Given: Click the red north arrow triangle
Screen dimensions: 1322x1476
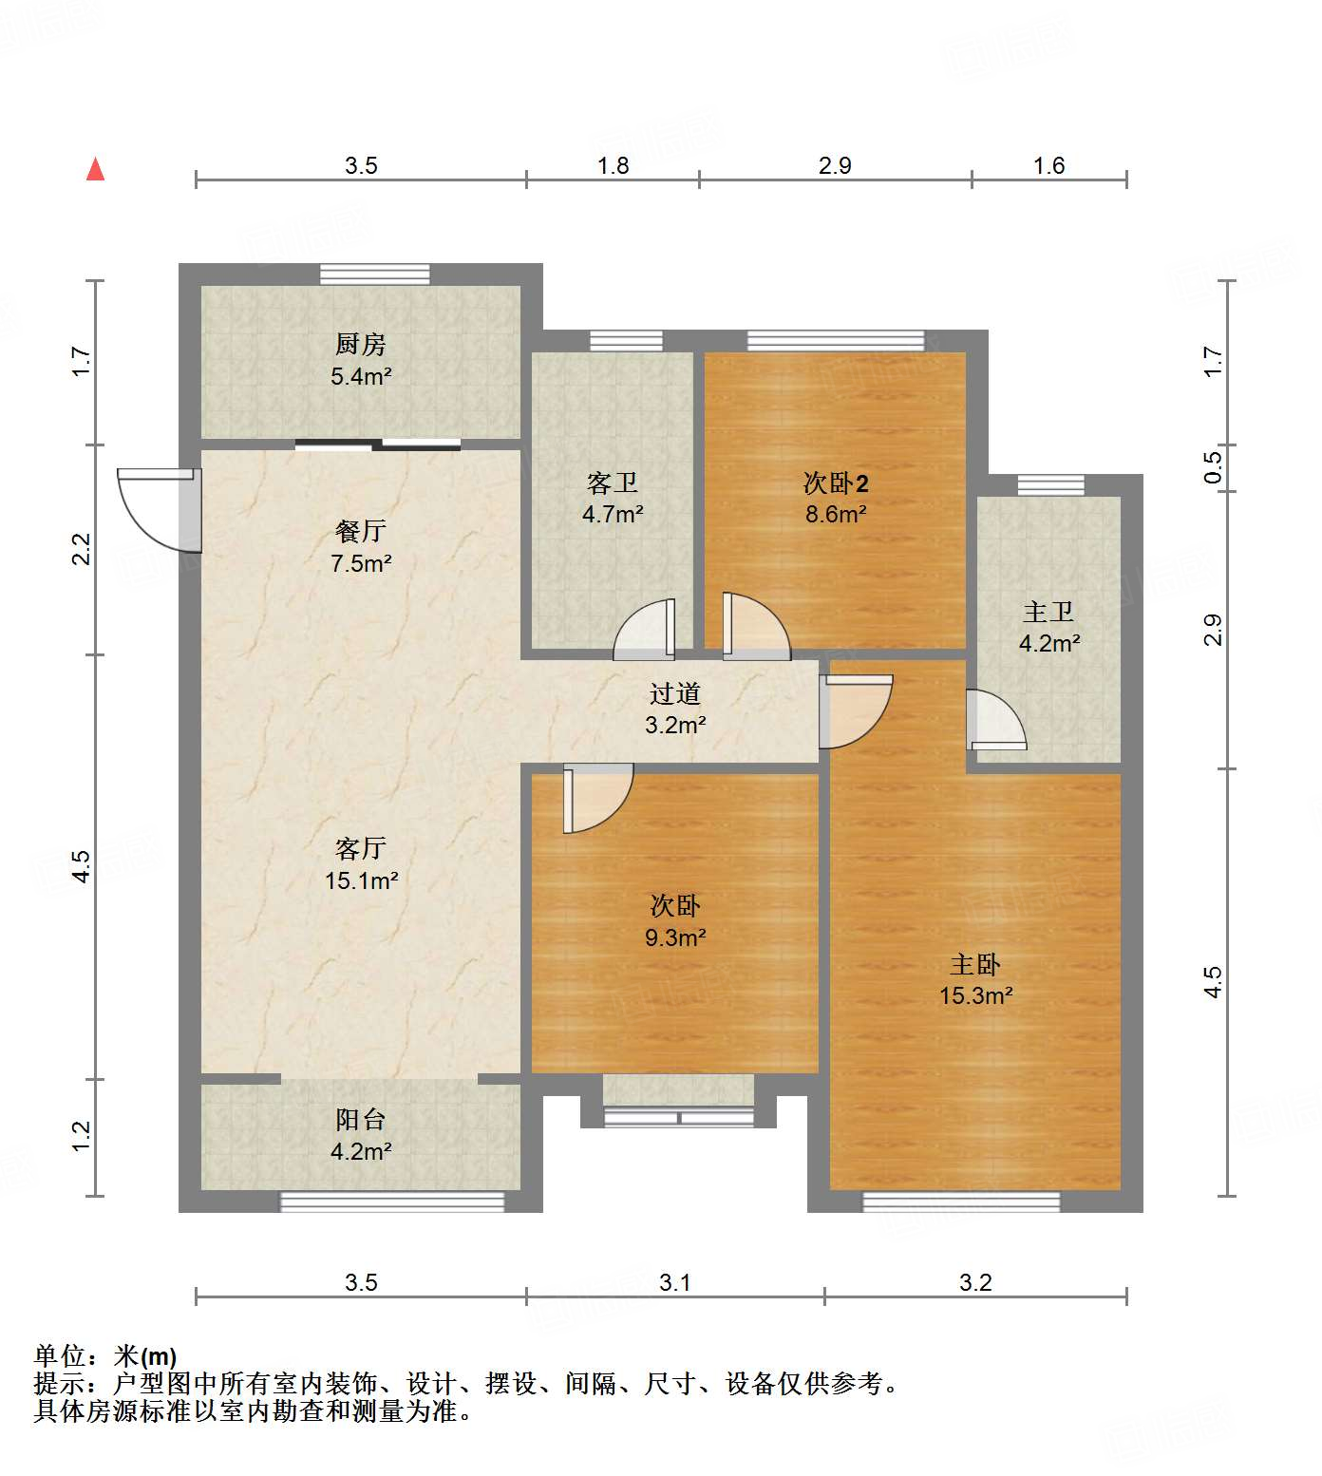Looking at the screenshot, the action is coord(95,169).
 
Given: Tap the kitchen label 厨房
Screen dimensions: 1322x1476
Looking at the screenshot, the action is coord(361,344).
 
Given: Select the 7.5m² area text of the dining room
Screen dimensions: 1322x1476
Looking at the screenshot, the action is coord(361,563).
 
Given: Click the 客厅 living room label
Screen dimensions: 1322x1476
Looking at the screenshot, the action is coord(361,847).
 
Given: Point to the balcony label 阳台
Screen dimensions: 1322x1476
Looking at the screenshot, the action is coord(361,1119).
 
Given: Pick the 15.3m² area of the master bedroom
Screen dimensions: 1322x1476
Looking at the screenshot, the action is coord(976,995).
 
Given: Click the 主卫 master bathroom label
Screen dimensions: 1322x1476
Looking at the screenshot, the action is coord(1049,612).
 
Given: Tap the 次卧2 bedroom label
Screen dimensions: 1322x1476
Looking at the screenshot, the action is coord(836,483).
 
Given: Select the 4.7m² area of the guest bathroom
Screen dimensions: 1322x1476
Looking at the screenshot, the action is coord(613,514).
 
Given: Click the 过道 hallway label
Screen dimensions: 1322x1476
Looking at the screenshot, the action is coord(675,694).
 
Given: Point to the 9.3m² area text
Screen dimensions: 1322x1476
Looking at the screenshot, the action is coord(675,937).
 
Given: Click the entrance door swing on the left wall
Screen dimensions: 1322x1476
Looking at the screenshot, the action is coord(159,510).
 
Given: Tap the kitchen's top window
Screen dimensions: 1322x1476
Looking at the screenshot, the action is coord(374,274).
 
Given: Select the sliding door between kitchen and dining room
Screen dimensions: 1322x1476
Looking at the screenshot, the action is coord(378,445).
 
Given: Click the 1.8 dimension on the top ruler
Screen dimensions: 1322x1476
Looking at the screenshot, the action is coord(614,165).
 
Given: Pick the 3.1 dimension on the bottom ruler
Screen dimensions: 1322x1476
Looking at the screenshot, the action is coord(675,1282).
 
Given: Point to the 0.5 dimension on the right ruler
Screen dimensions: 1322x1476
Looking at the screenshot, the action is coord(1213,467).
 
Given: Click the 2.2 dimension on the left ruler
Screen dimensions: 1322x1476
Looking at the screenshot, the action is coord(82,549).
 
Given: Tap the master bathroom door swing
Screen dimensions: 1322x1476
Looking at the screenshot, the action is coord(996,719).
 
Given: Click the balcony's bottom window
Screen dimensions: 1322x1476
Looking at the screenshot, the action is coord(392,1202).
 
